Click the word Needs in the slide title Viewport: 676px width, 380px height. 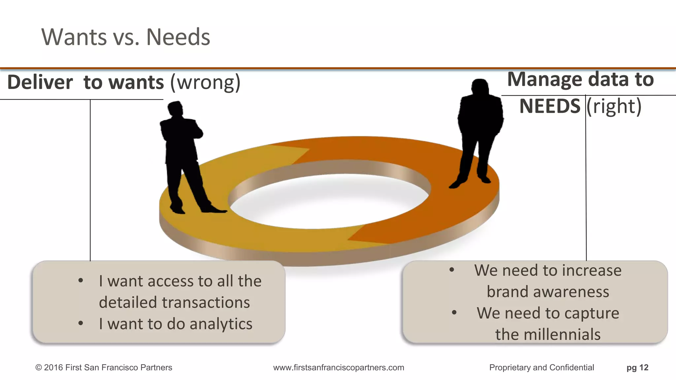(x=178, y=37)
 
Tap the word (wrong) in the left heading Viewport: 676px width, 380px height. (x=205, y=82)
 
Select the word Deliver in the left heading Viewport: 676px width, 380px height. (x=40, y=82)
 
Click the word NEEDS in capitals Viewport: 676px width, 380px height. (x=550, y=106)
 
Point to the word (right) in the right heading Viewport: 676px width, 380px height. (x=614, y=106)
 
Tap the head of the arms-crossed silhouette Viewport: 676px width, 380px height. (x=175, y=109)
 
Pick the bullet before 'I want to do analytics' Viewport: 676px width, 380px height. (x=81, y=323)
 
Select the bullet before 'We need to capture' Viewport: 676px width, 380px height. (x=454, y=312)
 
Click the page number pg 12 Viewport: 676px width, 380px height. (x=637, y=367)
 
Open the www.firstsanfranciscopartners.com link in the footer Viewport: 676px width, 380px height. (x=339, y=367)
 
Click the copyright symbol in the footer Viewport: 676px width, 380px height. (x=38, y=367)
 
